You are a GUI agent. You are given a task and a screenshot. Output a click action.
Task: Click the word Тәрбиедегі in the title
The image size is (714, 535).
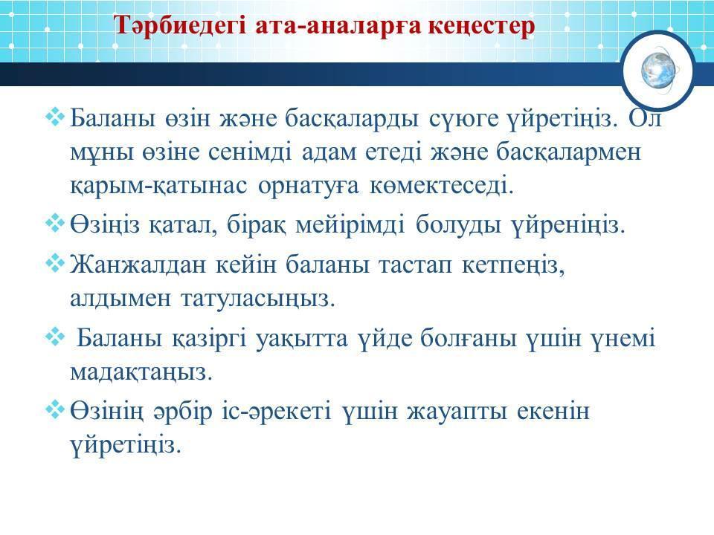click(x=179, y=25)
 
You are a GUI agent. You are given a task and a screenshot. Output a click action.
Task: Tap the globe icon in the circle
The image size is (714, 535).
click(x=658, y=71)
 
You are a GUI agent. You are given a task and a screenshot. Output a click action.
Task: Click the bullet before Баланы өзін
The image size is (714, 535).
click(x=54, y=117)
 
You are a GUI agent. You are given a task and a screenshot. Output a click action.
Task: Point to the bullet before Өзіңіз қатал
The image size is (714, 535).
click(x=54, y=223)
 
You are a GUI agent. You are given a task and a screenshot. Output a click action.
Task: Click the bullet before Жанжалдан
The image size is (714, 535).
click(x=54, y=263)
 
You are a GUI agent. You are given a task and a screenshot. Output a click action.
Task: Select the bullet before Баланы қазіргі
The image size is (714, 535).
click(x=54, y=337)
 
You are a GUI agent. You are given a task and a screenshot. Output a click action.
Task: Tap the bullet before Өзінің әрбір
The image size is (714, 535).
click(x=54, y=409)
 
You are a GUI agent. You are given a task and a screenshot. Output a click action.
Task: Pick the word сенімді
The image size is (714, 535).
click(x=250, y=152)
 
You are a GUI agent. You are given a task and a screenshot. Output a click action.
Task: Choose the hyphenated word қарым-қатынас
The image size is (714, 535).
click(x=159, y=186)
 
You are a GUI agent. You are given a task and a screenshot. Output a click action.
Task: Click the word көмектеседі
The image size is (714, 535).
click(x=442, y=185)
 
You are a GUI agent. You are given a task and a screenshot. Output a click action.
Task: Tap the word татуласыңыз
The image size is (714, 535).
click(x=258, y=299)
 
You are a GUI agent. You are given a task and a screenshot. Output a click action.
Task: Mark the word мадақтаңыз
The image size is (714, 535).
click(x=141, y=373)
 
